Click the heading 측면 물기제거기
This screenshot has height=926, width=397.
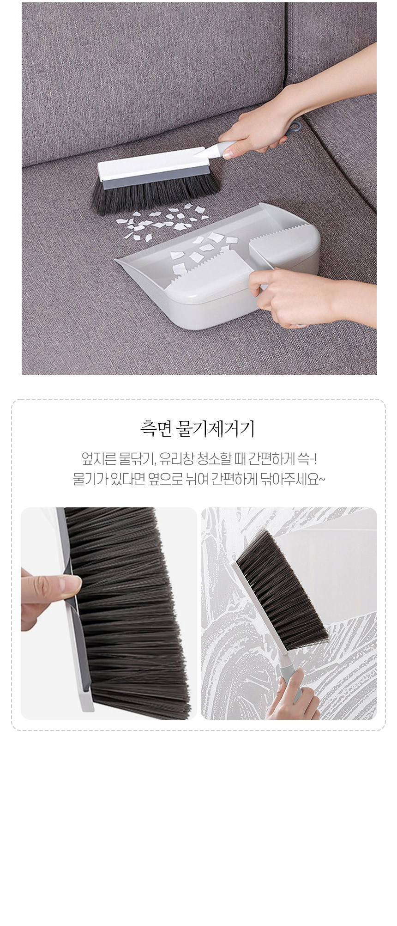tap(198, 429)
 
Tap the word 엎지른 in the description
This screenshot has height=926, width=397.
tap(96, 460)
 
